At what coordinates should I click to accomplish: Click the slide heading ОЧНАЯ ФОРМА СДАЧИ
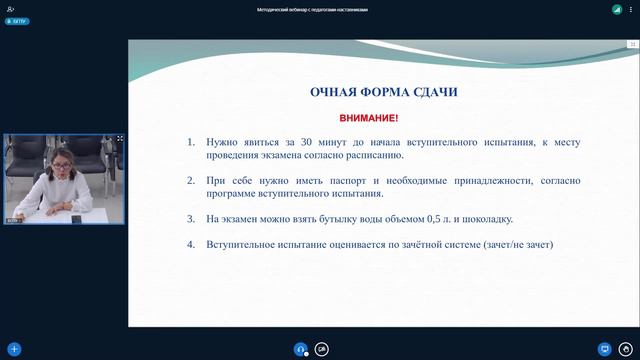383,92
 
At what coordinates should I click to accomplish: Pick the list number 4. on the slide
191,244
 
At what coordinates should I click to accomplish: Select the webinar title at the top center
319,9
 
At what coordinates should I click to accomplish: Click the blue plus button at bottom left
14,349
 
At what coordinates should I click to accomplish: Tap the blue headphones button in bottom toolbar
300,349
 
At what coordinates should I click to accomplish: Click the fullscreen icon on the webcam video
120,139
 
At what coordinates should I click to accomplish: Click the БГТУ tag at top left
16,19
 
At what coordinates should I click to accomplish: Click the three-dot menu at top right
631,9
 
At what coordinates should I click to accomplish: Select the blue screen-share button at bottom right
604,349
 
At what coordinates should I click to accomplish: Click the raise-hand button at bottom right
627,349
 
